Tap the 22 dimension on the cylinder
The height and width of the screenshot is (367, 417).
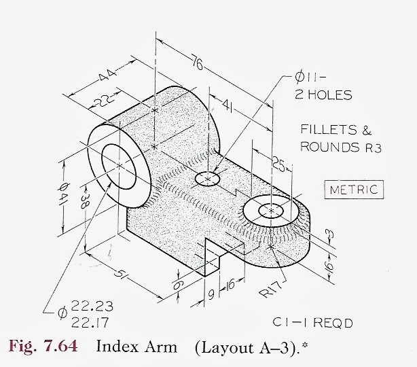[x=101, y=100]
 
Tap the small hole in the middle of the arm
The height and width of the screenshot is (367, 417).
[x=207, y=179]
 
